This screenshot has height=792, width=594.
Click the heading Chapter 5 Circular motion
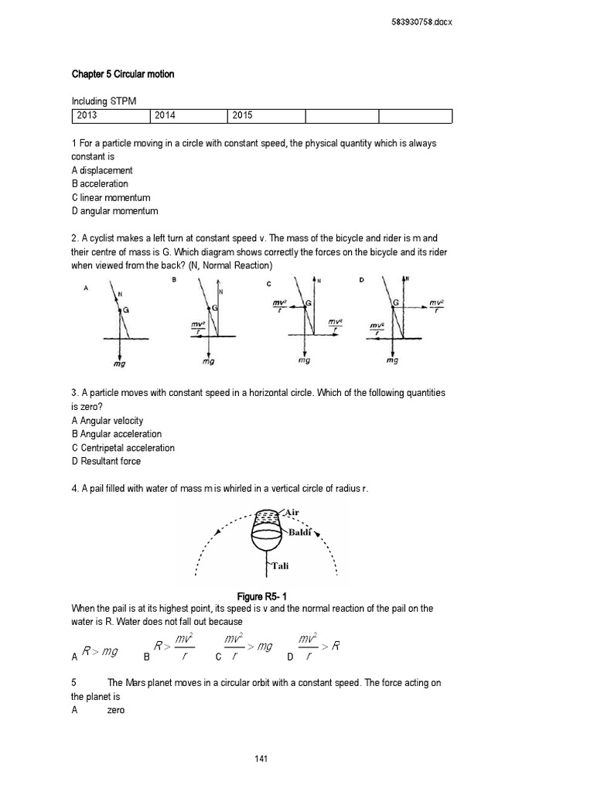point(123,74)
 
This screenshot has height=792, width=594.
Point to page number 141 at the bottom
point(261,759)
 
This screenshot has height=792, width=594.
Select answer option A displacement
point(102,170)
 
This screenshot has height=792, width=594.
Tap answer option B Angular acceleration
point(117,434)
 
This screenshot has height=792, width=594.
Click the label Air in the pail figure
point(292,512)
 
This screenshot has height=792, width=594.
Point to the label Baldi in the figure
point(300,533)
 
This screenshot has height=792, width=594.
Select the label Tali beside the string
point(279,565)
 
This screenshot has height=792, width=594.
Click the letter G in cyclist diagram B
point(214,308)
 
